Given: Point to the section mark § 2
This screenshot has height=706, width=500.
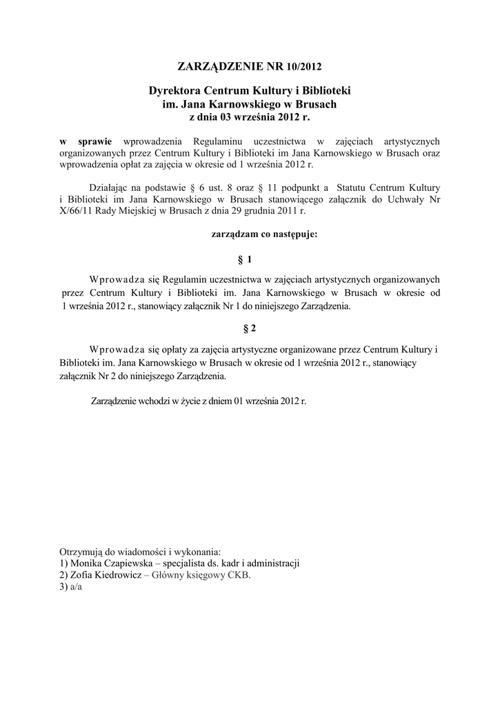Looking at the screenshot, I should point(249,328).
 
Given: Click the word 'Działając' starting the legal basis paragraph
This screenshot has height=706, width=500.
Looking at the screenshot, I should point(110,186).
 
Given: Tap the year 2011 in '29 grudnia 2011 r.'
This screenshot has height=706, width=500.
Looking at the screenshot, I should point(290,211).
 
